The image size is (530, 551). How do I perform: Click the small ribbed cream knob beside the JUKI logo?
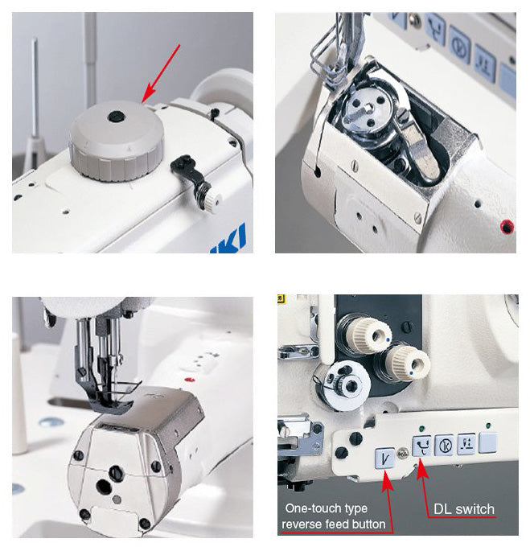[x=212, y=200]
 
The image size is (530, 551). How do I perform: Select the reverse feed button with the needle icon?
[x=385, y=459]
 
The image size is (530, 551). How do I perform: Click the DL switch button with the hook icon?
[x=421, y=446]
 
